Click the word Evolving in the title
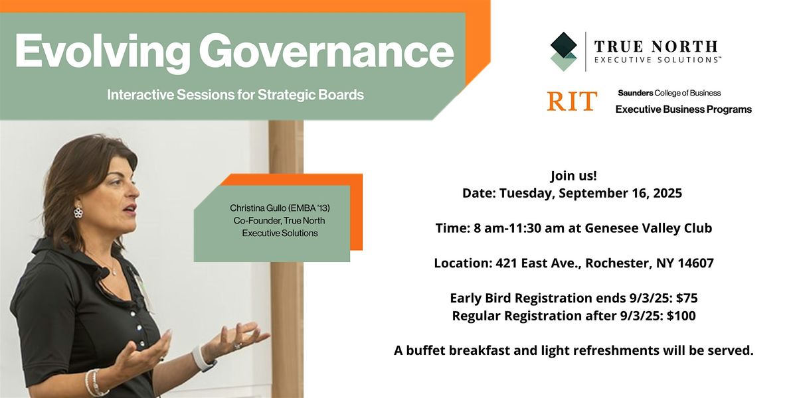click(102, 52)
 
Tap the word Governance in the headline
click(326, 51)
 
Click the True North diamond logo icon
click(564, 52)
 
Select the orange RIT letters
click(572, 101)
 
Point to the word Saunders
click(636, 93)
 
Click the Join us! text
click(574, 176)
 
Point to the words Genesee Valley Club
click(648, 228)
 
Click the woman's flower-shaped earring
click(78, 212)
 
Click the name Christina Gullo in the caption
click(258, 208)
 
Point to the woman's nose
click(133, 190)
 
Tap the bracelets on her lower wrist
click(96, 383)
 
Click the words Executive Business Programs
click(683, 109)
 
